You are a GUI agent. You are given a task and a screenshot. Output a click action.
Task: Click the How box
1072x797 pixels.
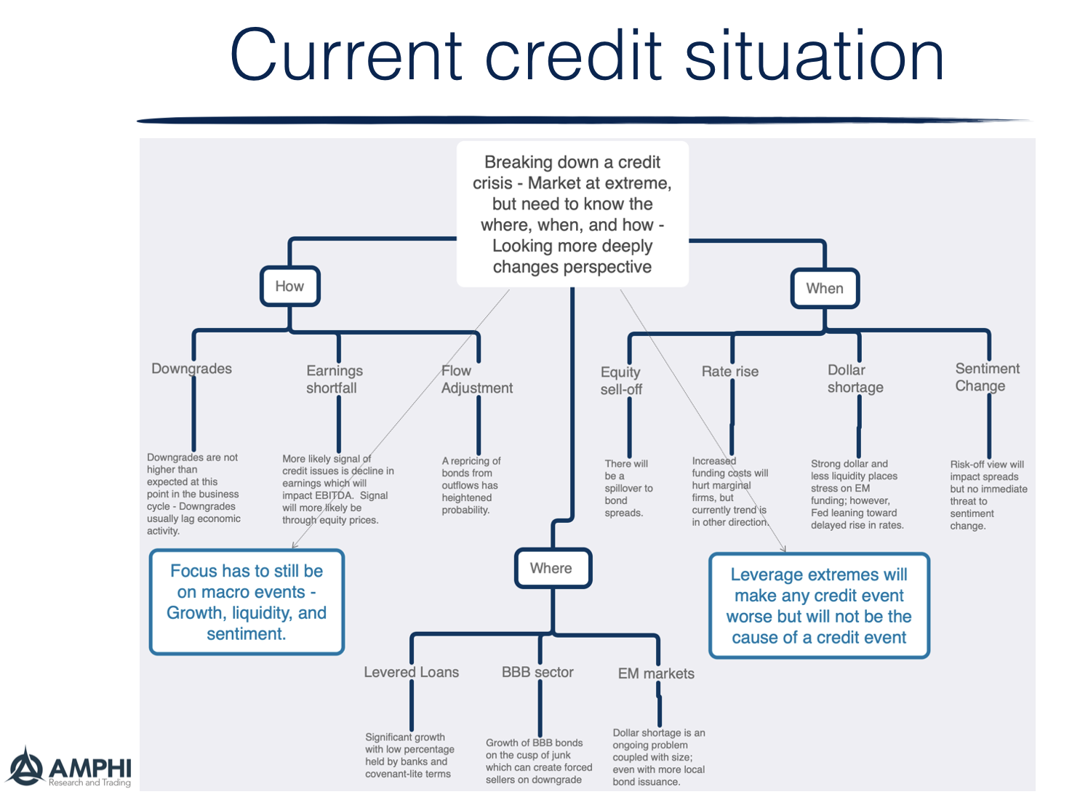click(289, 287)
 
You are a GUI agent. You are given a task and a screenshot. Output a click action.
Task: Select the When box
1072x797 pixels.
click(825, 289)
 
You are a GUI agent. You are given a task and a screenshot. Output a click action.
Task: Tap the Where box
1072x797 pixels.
click(552, 569)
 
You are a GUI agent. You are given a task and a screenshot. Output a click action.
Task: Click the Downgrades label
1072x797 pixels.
click(191, 369)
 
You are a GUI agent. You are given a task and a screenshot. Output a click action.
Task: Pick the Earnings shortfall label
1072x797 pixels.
click(334, 379)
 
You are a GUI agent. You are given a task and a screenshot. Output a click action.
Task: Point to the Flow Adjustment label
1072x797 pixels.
click(476, 379)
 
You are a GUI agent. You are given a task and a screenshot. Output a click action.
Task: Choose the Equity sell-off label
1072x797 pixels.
click(621, 380)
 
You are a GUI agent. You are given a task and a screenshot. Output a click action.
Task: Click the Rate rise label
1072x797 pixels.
click(729, 372)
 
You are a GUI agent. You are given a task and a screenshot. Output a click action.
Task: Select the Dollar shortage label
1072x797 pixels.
click(855, 378)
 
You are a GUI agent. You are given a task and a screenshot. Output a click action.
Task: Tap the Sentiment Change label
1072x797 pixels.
click(987, 377)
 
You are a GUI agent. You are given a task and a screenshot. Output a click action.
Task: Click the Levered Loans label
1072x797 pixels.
click(411, 673)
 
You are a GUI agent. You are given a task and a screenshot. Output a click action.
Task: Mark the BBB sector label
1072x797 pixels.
click(537, 673)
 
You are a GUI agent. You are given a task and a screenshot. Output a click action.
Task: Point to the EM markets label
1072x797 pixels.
click(655, 674)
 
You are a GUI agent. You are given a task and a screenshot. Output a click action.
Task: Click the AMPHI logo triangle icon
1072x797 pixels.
click(26, 767)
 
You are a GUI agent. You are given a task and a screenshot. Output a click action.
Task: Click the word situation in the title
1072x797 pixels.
click(814, 57)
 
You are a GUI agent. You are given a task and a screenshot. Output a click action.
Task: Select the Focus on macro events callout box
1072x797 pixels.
click(247, 602)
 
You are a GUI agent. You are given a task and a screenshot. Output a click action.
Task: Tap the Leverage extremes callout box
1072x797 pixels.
click(819, 606)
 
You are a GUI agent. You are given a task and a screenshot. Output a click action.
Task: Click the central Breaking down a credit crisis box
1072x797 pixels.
click(572, 215)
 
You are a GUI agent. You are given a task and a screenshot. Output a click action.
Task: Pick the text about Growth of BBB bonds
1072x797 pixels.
click(539, 761)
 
